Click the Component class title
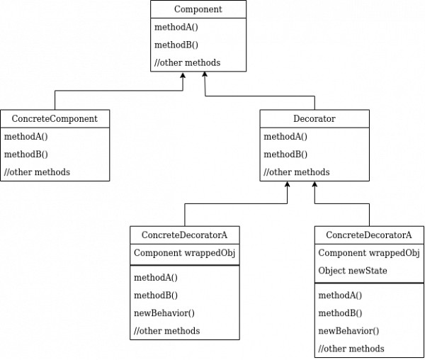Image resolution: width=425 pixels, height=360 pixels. click(x=198, y=9)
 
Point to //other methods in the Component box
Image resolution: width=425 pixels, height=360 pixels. click(x=187, y=62)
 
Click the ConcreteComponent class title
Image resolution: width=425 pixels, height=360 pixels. click(x=55, y=118)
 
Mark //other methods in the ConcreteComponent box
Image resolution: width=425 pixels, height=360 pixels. click(x=37, y=172)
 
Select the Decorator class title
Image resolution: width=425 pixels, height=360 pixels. click(x=314, y=118)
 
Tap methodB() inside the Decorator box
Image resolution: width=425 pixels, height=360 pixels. click(x=285, y=154)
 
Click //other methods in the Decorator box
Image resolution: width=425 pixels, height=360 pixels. click(x=296, y=172)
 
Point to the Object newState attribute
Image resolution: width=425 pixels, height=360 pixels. click(x=353, y=271)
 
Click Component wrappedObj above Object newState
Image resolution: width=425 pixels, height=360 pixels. click(x=369, y=253)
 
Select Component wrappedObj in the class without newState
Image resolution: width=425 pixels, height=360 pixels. click(x=184, y=253)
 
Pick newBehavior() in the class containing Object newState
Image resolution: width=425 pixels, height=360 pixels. click(x=348, y=330)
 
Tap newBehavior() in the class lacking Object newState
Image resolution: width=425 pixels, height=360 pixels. click(x=164, y=313)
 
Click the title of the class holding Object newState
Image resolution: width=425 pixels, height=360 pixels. click(x=369, y=235)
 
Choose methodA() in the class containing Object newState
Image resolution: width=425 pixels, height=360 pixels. click(x=340, y=295)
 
